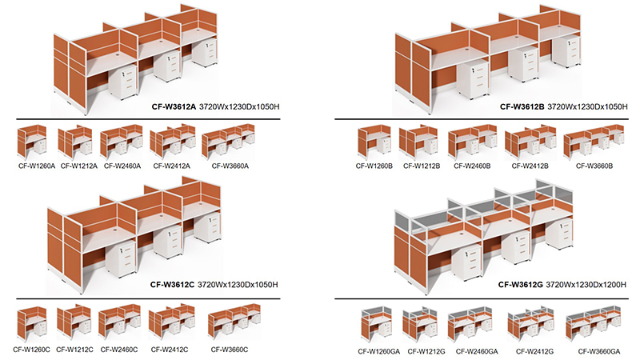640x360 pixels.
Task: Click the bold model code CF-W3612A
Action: pos(174,107)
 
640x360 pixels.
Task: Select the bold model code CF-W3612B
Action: pos(522,107)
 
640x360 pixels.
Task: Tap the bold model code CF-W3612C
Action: pos(172,285)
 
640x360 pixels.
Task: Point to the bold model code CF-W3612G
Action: pos(521,285)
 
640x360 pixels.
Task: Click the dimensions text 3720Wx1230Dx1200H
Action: pos(586,285)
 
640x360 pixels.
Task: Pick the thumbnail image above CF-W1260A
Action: pos(32,142)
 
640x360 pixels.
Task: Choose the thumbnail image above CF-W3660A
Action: pos(228,140)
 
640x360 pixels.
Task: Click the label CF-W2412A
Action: pos(172,166)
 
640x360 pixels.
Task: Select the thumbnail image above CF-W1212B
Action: pos(418,142)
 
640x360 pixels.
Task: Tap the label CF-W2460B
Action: pos(472,166)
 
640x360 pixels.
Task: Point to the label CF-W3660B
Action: pos(594,166)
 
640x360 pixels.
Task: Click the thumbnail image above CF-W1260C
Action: pos(32,322)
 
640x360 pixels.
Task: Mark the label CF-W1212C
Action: pos(74,350)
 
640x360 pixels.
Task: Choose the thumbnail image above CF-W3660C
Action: pos(234,321)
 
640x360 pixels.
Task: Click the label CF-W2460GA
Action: pos(477,351)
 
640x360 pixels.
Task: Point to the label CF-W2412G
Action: pos(534,351)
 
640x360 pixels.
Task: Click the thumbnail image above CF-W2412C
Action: pos(172,322)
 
